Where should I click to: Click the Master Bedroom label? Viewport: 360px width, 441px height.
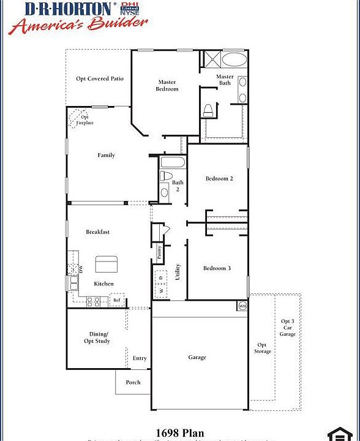coord(167,85)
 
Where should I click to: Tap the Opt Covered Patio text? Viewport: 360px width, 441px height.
coord(100,78)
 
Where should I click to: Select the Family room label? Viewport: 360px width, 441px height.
coord(107,156)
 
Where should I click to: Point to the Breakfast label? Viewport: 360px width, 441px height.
coord(97,232)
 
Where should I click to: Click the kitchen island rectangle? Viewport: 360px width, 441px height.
coord(106,264)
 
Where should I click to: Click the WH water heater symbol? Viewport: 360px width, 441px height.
coord(242,305)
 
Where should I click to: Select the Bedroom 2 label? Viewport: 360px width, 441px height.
coord(219,179)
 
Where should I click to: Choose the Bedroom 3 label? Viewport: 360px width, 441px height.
coord(217,268)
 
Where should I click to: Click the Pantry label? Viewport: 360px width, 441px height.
coord(159,252)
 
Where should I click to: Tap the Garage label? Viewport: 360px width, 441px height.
coord(197,357)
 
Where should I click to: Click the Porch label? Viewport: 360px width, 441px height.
coord(133,382)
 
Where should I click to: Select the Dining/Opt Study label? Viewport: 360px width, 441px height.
coord(97,337)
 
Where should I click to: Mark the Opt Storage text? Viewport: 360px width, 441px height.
coord(263,348)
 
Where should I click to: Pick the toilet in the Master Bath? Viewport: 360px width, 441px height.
coord(208,110)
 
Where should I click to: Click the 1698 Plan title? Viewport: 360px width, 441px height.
coord(179,433)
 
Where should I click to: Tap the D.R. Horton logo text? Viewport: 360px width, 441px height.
coord(69,9)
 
